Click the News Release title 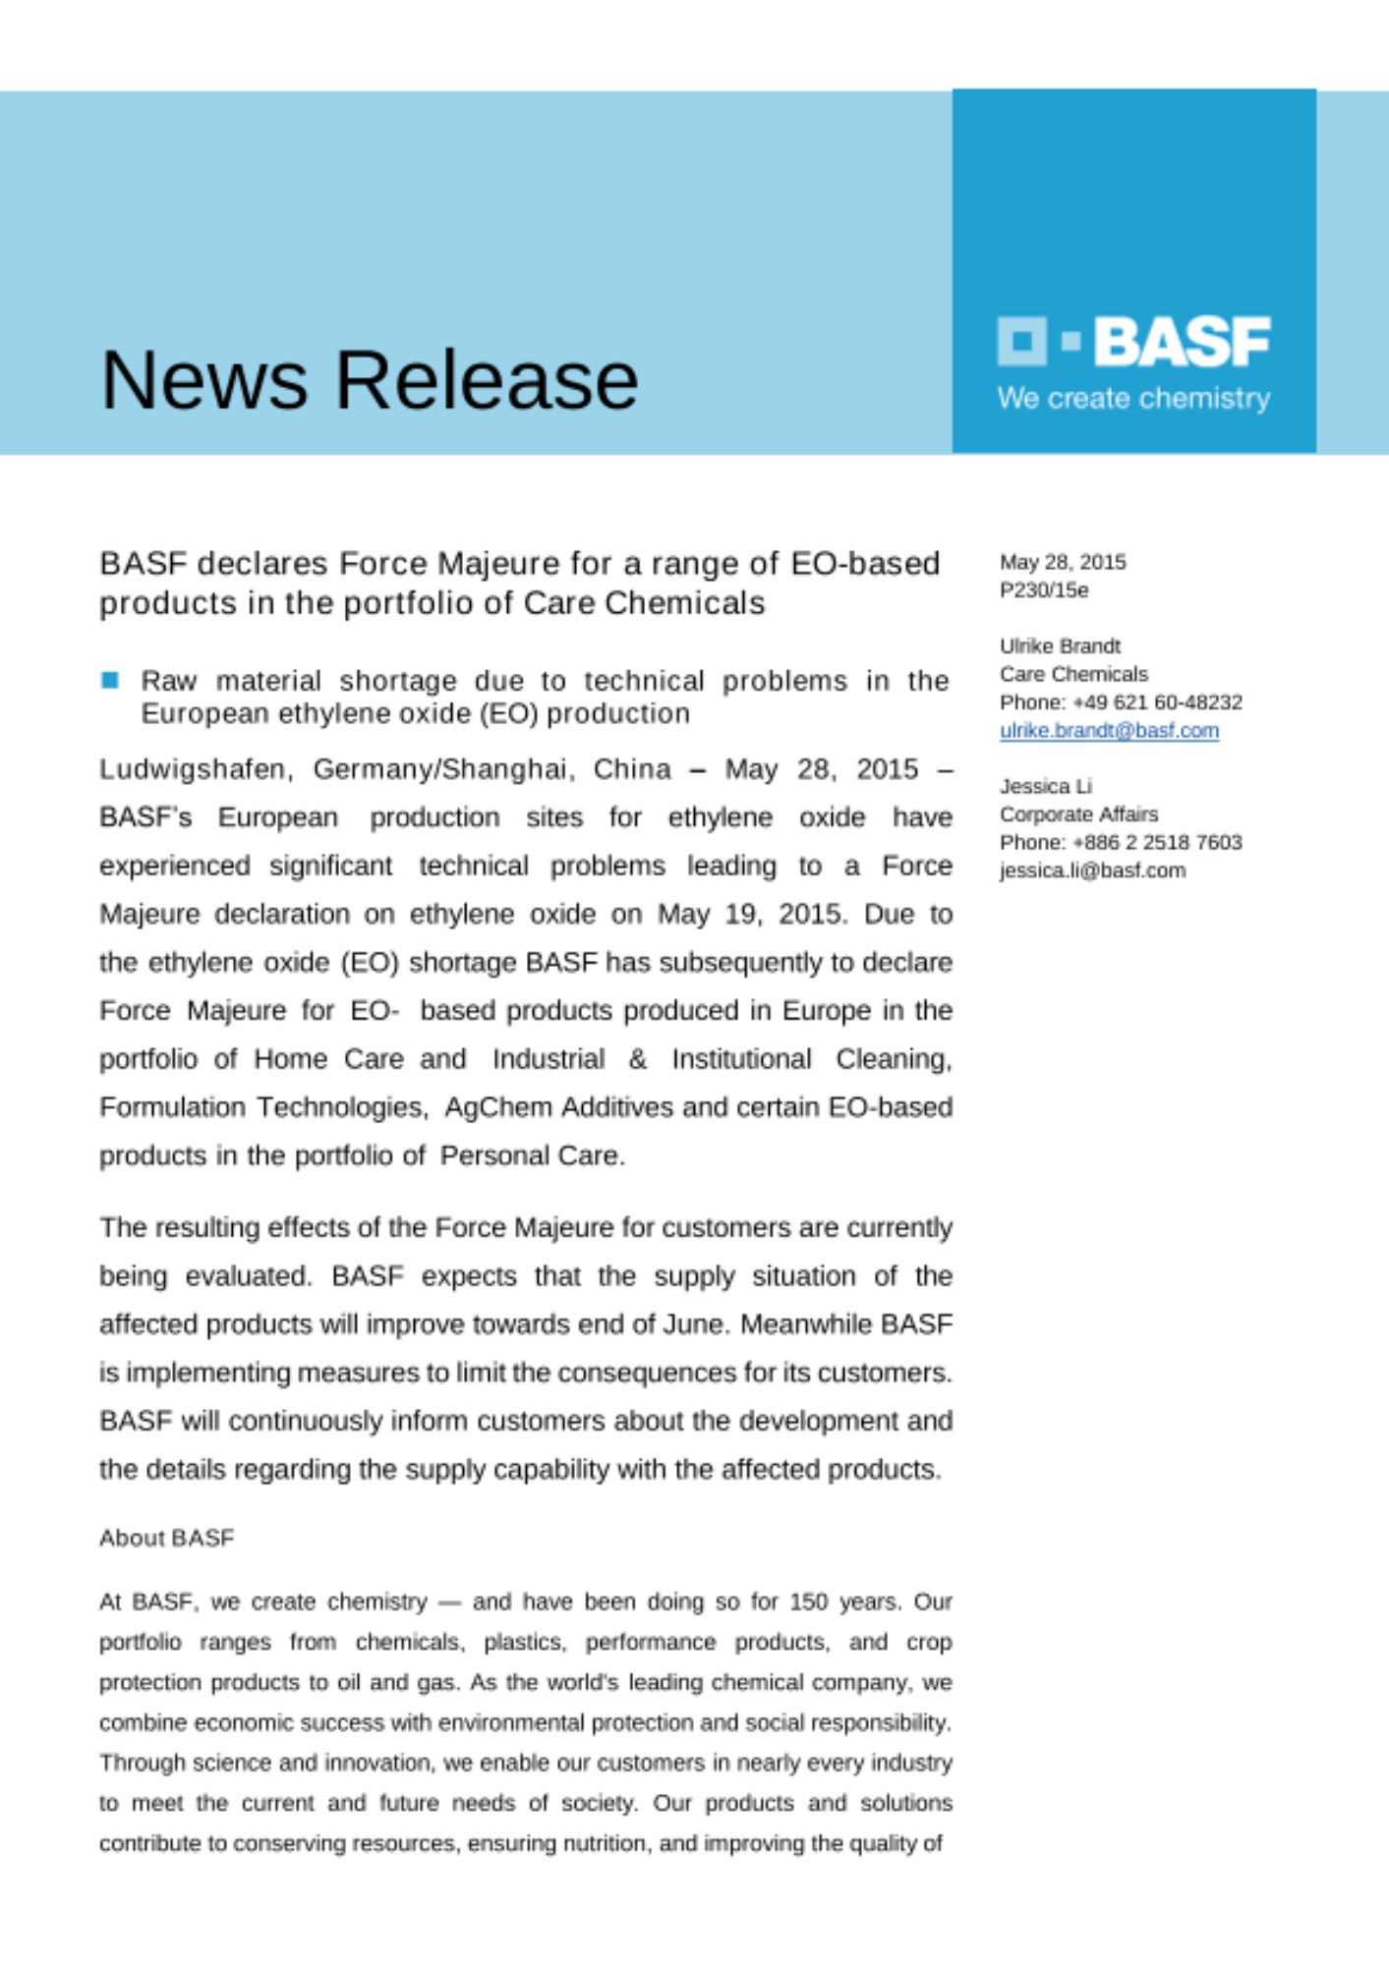(x=370, y=380)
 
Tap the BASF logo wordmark (x=1182, y=342)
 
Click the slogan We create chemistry (x=1133, y=399)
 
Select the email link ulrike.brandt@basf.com (x=1109, y=731)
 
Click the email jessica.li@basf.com (x=1092, y=870)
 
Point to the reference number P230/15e (x=1044, y=590)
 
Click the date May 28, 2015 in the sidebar (x=1063, y=562)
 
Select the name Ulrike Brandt (x=1060, y=646)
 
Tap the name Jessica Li (x=1045, y=786)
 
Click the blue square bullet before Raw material (x=110, y=680)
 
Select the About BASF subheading (x=166, y=1539)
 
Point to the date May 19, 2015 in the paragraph (x=751, y=915)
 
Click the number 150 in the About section (x=808, y=1602)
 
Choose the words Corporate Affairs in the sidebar (x=1078, y=814)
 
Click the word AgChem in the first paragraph (x=497, y=1108)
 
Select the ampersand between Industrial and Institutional (x=638, y=1059)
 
